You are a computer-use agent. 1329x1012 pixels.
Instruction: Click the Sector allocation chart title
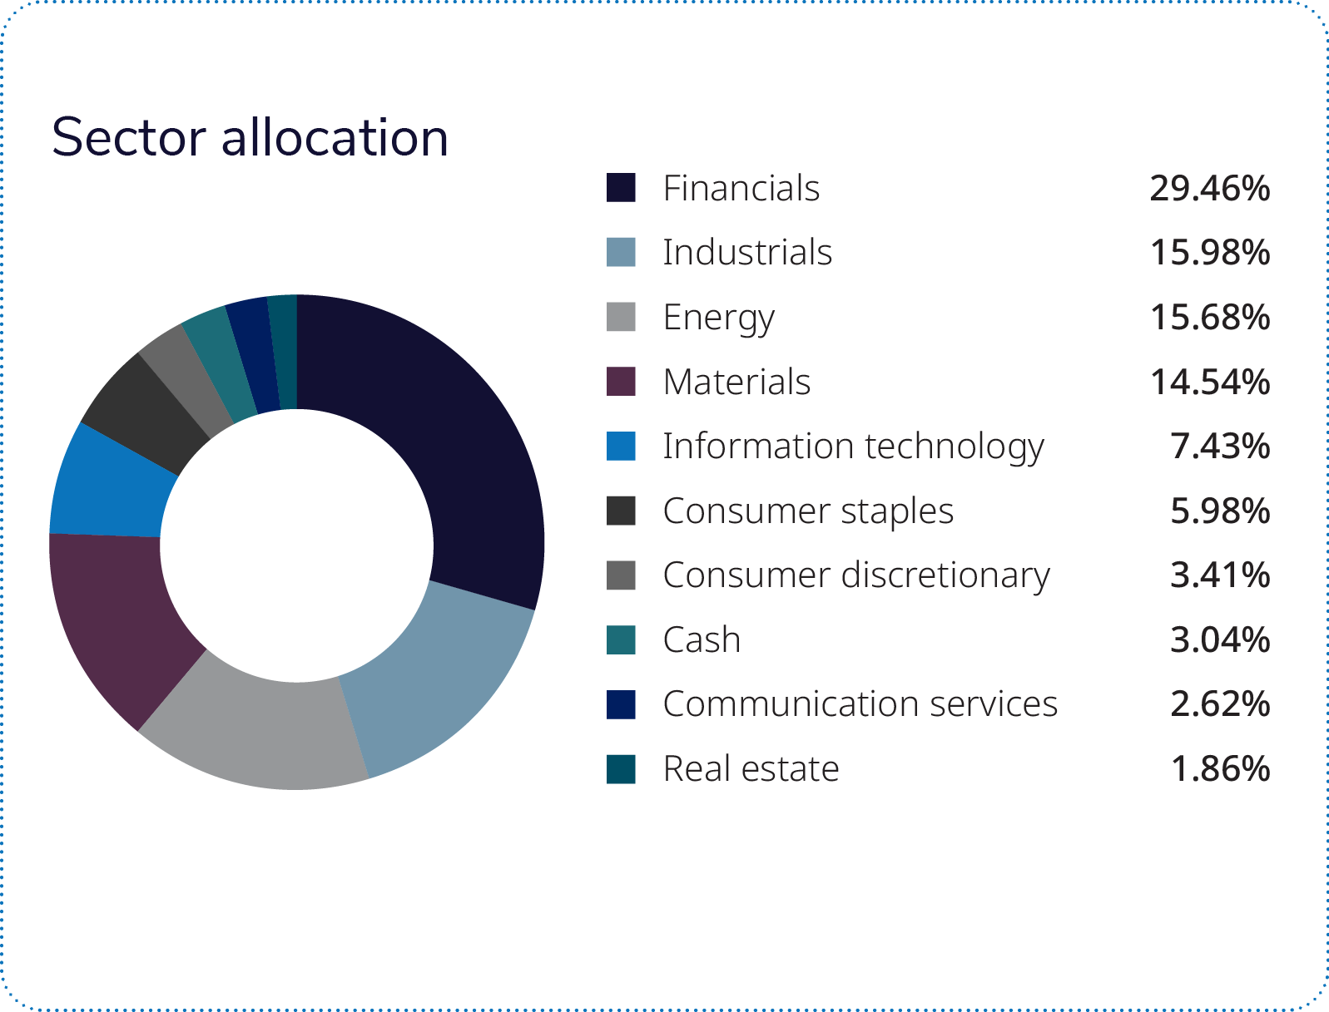[250, 137]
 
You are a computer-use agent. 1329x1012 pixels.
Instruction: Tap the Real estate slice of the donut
[284, 352]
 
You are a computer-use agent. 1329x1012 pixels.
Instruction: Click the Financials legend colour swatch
[621, 188]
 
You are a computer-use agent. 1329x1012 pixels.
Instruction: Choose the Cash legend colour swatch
[621, 640]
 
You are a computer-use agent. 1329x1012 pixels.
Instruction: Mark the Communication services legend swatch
[621, 704]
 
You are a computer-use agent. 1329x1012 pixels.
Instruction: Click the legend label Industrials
[747, 253]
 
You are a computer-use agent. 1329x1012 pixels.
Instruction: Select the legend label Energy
[718, 318]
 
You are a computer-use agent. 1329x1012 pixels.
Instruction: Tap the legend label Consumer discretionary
[856, 575]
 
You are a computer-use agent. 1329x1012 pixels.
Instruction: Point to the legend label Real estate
[751, 769]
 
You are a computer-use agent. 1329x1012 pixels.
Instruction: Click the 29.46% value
[1210, 189]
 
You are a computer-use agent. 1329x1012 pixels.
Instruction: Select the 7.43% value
[1220, 447]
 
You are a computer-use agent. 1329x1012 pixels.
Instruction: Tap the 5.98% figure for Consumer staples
[1220, 511]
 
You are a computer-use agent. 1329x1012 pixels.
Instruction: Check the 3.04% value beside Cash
[1220, 640]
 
